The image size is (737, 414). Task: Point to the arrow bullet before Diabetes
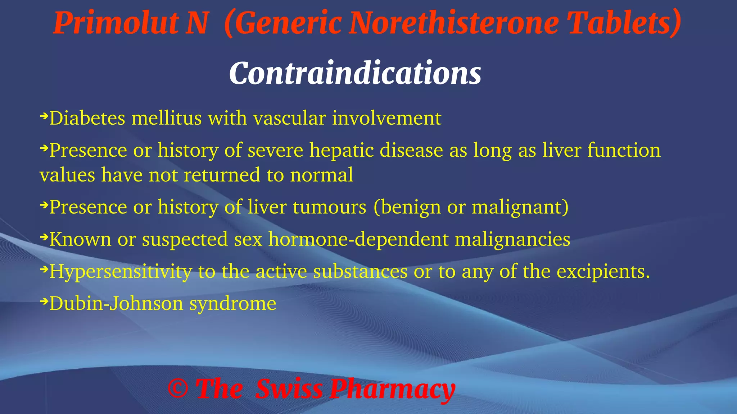point(44,116)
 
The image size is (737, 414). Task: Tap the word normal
point(321,175)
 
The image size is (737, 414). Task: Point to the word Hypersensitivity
point(121,272)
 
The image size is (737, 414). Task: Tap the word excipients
point(603,272)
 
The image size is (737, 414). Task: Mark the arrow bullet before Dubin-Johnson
point(44,301)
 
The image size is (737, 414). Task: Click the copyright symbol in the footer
point(178,389)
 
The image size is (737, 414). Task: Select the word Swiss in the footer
point(289,389)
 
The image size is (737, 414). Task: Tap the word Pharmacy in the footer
point(393,390)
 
